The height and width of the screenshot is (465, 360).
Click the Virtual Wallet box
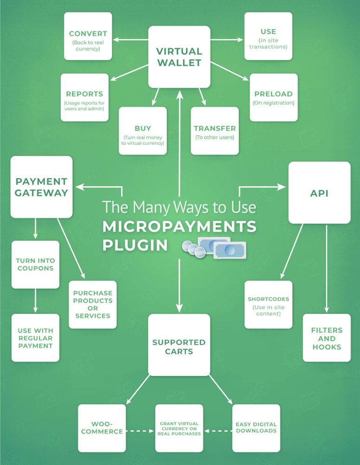179,57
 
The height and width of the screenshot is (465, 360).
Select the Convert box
88,36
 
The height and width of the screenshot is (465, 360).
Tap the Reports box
85,98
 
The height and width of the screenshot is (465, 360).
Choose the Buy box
143,131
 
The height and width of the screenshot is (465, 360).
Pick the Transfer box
215,131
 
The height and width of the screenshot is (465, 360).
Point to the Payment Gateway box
41,187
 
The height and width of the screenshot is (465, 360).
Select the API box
319,193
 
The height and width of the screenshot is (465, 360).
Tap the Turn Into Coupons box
35,265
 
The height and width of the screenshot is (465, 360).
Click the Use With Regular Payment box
35,338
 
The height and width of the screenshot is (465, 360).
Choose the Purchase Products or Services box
92,305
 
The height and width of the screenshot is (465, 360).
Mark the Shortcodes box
268,305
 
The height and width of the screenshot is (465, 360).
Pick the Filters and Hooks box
327,338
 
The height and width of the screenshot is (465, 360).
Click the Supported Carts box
179,345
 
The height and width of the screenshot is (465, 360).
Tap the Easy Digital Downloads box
256,428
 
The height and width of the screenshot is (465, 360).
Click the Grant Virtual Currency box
179,428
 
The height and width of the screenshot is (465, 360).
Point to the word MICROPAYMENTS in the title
179,226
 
